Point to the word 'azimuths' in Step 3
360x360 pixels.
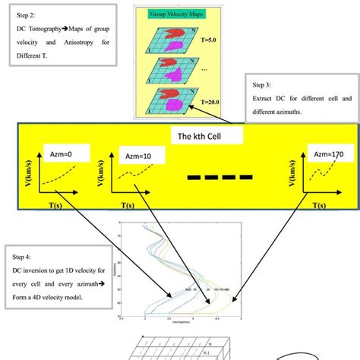point(302,114)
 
